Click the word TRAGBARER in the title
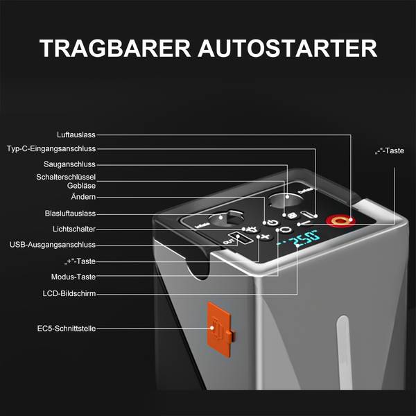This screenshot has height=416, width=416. pyautogui.click(x=115, y=49)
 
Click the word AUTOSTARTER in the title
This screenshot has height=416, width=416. pyautogui.click(x=288, y=49)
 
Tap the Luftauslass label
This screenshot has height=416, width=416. pyautogui.click(x=76, y=135)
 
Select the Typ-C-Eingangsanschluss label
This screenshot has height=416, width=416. pyautogui.click(x=51, y=148)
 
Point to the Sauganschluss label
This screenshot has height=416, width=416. pyautogui.click(x=69, y=164)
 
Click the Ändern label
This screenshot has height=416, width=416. pyautogui.click(x=83, y=197)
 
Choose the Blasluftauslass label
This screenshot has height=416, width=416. pyautogui.click(x=70, y=214)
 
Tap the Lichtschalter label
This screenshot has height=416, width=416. pyautogui.click(x=74, y=229)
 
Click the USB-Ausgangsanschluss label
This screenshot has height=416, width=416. pyautogui.click(x=53, y=245)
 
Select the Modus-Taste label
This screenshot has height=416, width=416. pyautogui.click(x=73, y=277)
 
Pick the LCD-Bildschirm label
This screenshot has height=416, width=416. pyautogui.click(x=69, y=294)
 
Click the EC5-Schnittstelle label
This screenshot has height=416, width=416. pyautogui.click(x=67, y=329)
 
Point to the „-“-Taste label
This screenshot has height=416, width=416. pyautogui.click(x=390, y=151)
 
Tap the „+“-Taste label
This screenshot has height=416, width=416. pyautogui.click(x=80, y=261)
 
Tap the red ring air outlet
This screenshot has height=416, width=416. pyautogui.click(x=340, y=220)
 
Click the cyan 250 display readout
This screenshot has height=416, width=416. pyautogui.click(x=304, y=239)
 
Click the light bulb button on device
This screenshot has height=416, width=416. pyautogui.click(x=252, y=229)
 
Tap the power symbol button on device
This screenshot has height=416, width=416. pyautogui.click(x=272, y=223)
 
